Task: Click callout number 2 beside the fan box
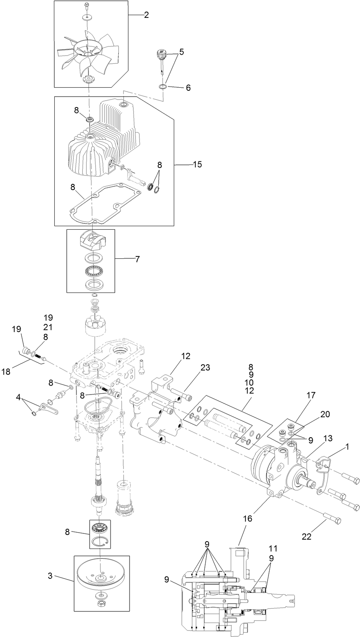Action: (146, 15)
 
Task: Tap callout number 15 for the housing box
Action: (197, 164)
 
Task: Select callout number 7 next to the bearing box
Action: (137, 259)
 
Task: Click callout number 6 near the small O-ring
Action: (188, 88)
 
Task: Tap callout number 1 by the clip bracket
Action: (347, 447)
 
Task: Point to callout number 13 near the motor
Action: (328, 438)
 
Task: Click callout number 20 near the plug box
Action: (325, 414)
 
